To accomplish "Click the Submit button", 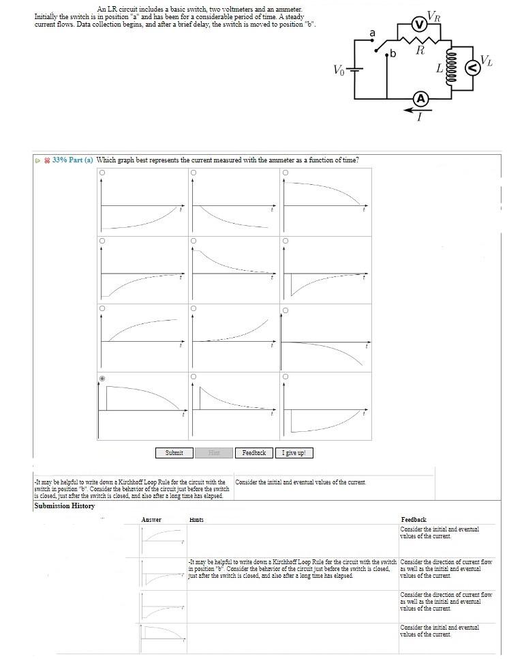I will (x=174, y=453).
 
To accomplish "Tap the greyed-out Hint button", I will (x=213, y=453).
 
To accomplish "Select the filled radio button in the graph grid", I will (x=102, y=377).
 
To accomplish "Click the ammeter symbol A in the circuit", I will (x=420, y=99).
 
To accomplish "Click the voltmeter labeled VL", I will (x=471, y=67).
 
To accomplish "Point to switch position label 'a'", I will (x=372, y=33).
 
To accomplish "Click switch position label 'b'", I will (x=393, y=55).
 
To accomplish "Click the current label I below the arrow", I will (x=419, y=117).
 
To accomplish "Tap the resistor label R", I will (x=420, y=50).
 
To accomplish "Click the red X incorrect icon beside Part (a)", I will (x=47, y=160).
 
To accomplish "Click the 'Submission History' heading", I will (x=64, y=506).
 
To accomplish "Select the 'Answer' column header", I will (x=151, y=520).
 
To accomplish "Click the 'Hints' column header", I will (x=196, y=520).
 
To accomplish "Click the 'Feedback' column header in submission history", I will (x=414, y=520).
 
